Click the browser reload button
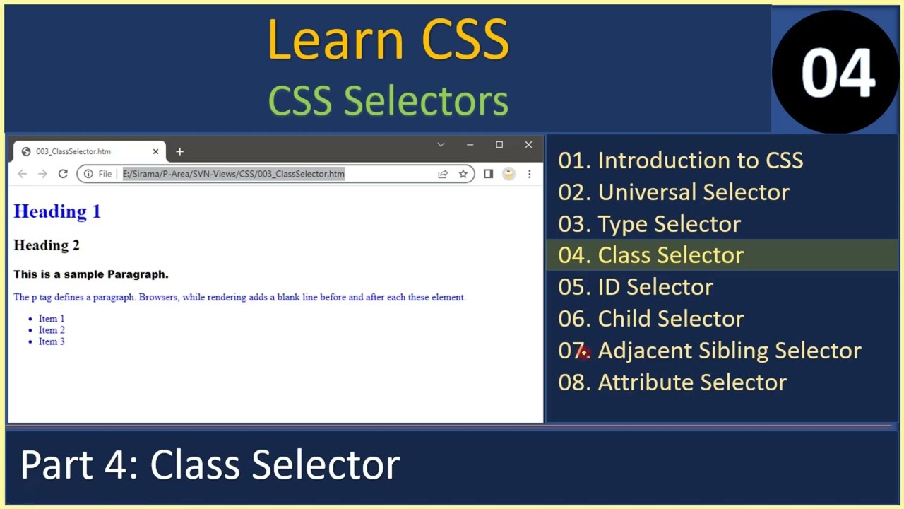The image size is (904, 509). pyautogui.click(x=63, y=174)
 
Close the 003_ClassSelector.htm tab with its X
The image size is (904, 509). pyautogui.click(x=155, y=151)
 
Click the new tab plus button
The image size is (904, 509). pyautogui.click(x=179, y=151)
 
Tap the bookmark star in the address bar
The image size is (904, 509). pyautogui.click(x=463, y=174)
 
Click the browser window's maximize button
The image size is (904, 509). pyautogui.click(x=499, y=145)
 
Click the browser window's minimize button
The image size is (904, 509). pyautogui.click(x=470, y=145)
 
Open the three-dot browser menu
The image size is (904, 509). pyautogui.click(x=529, y=174)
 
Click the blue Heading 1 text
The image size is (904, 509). pyautogui.click(x=57, y=211)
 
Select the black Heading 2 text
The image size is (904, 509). pyautogui.click(x=47, y=245)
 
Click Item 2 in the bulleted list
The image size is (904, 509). pyautogui.click(x=52, y=330)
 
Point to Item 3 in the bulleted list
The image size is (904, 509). pyautogui.click(x=52, y=341)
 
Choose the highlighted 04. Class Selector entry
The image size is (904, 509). pyautogui.click(x=650, y=255)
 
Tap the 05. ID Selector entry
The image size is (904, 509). pyautogui.click(x=636, y=287)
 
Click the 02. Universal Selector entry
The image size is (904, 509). pyautogui.click(x=674, y=192)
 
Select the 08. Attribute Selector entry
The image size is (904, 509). pyautogui.click(x=672, y=382)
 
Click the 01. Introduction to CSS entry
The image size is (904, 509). pyautogui.click(x=680, y=160)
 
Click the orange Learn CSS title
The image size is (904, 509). pyautogui.click(x=388, y=40)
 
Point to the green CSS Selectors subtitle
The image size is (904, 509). pyautogui.click(x=388, y=100)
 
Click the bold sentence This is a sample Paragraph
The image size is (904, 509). pyautogui.click(x=91, y=274)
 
